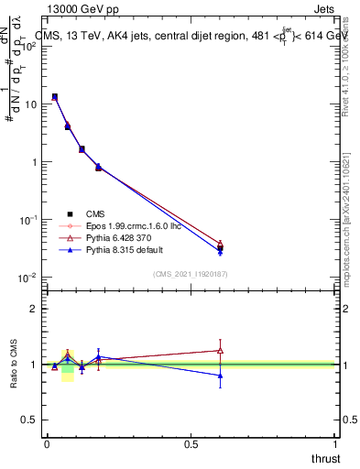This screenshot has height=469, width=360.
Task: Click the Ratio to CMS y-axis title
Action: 15,365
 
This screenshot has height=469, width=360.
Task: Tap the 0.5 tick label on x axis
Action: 191,442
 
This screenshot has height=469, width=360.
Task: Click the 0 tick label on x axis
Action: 47,442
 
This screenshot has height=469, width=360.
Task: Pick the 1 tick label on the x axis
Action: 335,442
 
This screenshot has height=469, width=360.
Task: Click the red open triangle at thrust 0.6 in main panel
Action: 220,244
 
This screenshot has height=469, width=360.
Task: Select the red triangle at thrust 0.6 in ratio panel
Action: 220,350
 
